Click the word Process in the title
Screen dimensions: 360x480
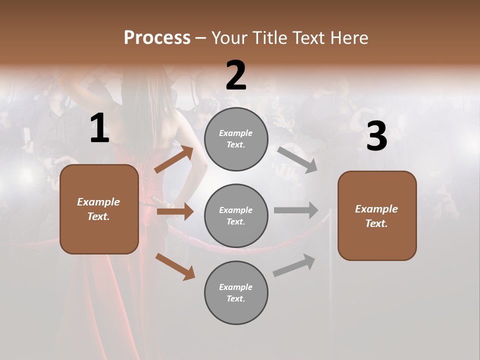pyautogui.click(x=157, y=38)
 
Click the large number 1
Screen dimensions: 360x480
pyautogui.click(x=99, y=129)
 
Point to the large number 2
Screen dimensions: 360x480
pyautogui.click(x=236, y=75)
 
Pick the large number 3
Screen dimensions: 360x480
pyautogui.click(x=376, y=136)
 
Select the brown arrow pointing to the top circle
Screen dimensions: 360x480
pyautogui.click(x=174, y=159)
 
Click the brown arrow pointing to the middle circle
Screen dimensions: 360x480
pyautogui.click(x=175, y=212)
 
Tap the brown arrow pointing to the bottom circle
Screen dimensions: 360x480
pyautogui.click(x=175, y=266)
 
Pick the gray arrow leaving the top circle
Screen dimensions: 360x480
pyautogui.click(x=297, y=159)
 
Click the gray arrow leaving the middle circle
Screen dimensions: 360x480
pyautogui.click(x=296, y=210)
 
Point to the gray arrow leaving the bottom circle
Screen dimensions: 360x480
pyautogui.click(x=294, y=265)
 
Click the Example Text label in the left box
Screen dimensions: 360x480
pyautogui.click(x=98, y=209)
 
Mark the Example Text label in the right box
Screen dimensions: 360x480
pyautogui.click(x=376, y=216)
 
